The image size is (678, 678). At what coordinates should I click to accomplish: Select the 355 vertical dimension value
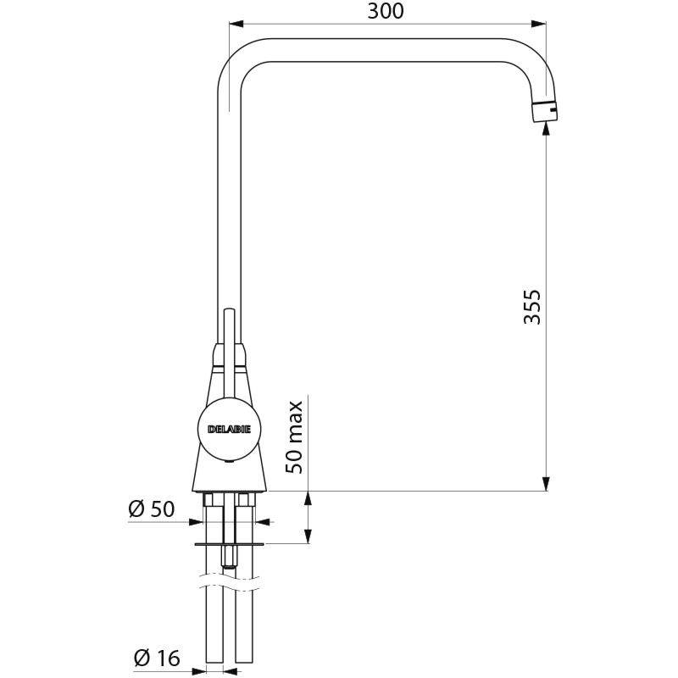click(531, 306)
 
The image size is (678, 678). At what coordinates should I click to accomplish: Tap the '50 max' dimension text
click(294, 437)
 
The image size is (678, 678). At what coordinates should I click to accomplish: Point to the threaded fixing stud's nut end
click(227, 559)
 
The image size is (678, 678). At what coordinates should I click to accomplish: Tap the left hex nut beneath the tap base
click(209, 500)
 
